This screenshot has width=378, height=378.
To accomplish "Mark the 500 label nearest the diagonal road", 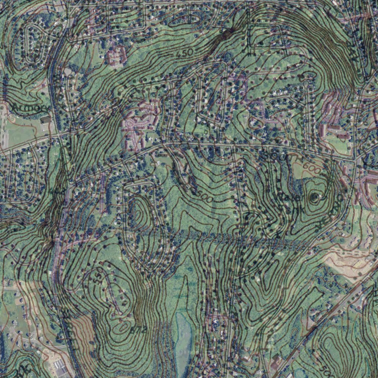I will point(325,368).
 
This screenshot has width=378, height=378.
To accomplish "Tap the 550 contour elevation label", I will point(97,277).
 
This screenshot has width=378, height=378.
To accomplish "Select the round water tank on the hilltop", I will point(314,197).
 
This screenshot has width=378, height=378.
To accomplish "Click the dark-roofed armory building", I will point(46,120).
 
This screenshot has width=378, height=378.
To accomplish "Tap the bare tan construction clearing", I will point(347,258).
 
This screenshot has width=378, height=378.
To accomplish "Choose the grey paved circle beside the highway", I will point(68,71).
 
